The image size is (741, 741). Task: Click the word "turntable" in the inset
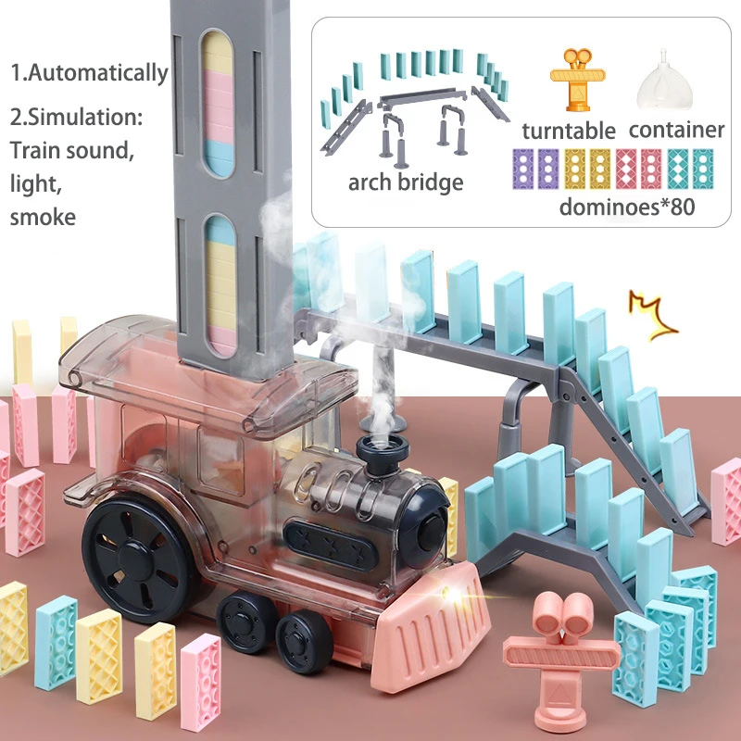pyautogui.click(x=569, y=130)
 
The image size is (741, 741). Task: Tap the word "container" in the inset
pyautogui.click(x=676, y=130)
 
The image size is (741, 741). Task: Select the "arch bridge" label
pyautogui.click(x=406, y=182)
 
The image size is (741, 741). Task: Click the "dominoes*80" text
pyautogui.click(x=626, y=206)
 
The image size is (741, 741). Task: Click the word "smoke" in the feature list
pyautogui.click(x=43, y=218)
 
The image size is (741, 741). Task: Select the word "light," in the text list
pyautogui.click(x=35, y=183)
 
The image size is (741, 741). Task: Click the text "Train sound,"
pyautogui.click(x=72, y=150)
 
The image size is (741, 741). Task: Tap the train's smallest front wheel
pyautogui.click(x=305, y=639)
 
